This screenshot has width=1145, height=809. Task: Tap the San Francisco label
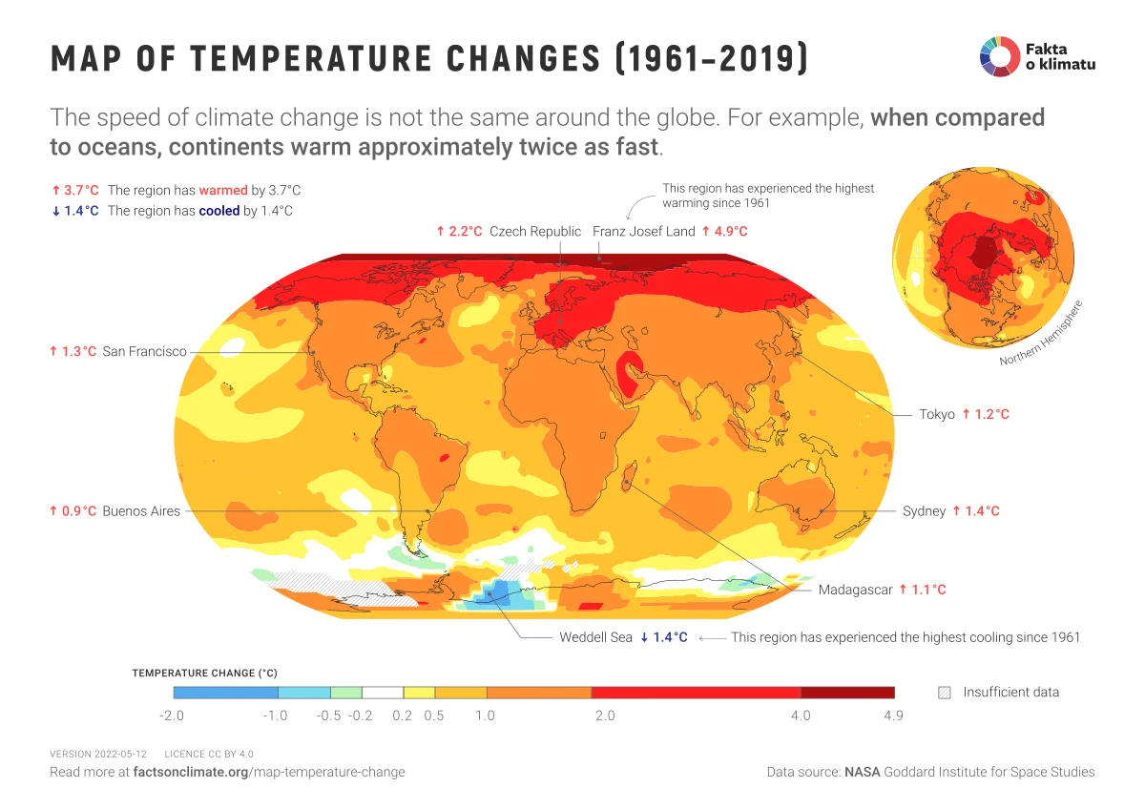point(144,351)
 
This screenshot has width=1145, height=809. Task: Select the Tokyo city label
point(937,414)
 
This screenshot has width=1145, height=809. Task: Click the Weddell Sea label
point(595,637)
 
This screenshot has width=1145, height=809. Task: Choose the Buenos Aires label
point(141,511)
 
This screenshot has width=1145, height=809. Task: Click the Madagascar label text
point(855,590)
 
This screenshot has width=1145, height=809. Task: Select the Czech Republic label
point(534,231)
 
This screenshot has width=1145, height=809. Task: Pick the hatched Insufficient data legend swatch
point(945,693)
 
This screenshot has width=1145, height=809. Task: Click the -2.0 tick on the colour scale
point(172,716)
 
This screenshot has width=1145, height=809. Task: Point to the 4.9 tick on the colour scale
point(892,716)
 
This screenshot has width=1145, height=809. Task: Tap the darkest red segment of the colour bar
point(847,693)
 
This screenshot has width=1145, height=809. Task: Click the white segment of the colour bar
point(383,693)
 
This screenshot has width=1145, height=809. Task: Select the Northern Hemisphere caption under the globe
point(1042,336)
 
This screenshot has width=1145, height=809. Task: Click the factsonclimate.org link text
point(190,772)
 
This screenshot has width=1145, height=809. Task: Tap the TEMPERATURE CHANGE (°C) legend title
point(204,673)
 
